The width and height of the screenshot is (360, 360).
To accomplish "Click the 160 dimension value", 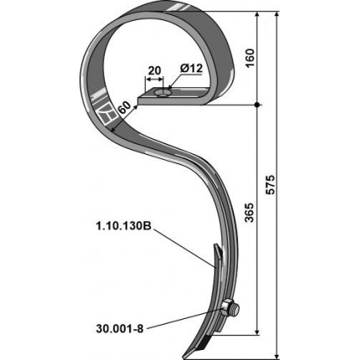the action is (x=250, y=58).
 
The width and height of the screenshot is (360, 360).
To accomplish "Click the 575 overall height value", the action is (x=270, y=184).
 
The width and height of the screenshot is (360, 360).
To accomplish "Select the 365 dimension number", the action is (x=250, y=212).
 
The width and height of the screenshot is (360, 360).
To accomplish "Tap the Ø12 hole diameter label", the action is (x=192, y=69).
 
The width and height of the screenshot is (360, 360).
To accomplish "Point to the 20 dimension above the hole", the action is (x=154, y=70).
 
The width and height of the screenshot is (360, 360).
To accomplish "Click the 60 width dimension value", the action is (x=124, y=108).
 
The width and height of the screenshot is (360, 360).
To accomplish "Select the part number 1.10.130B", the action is (x=123, y=226).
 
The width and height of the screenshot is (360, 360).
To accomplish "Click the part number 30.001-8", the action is (x=120, y=329).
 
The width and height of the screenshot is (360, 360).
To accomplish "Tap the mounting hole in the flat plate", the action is (x=164, y=93).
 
